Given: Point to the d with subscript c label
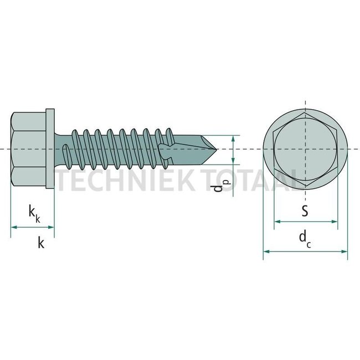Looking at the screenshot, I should click(x=304, y=239).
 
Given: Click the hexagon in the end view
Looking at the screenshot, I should click(x=305, y=149).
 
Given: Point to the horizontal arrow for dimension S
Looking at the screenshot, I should click(x=306, y=222).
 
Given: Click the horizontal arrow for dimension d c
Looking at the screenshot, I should click(x=305, y=251).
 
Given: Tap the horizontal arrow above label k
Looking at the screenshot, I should click(x=33, y=227).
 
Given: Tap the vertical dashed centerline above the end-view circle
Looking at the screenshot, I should click(x=305, y=108).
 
